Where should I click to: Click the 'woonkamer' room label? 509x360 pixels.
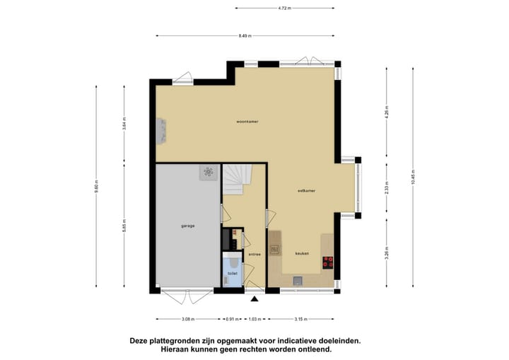click(x=247, y=122)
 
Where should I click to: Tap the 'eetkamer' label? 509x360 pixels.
click(x=305, y=191)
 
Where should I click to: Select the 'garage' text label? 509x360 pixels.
click(x=187, y=226)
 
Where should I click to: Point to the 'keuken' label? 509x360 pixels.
click(x=303, y=252)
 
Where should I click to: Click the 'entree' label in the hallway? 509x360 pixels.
click(x=255, y=254)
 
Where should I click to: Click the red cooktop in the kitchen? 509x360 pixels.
click(x=328, y=263)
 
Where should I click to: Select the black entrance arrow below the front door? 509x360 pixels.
click(x=255, y=299)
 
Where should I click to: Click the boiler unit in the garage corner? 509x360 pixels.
click(x=209, y=172)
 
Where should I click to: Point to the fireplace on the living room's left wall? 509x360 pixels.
click(x=160, y=130)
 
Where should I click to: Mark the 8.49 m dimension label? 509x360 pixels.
click(x=246, y=35)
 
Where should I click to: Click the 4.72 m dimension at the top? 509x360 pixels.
click(x=285, y=8)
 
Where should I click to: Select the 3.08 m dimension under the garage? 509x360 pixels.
click(x=188, y=318)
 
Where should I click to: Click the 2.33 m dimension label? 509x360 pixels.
click(x=387, y=189)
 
